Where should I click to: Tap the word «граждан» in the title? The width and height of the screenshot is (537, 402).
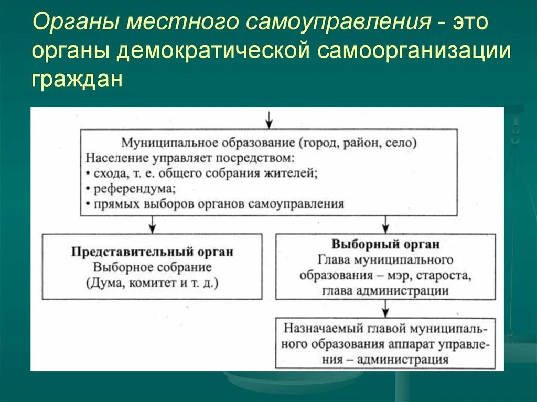[77, 80]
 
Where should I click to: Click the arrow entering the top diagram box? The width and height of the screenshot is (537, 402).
[268, 120]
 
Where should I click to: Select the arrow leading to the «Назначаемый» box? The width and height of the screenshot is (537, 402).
[385, 308]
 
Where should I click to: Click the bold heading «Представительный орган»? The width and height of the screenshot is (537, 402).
[152, 252]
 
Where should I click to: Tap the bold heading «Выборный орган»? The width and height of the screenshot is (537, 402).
[385, 244]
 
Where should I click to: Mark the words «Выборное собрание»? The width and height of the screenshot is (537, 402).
[152, 267]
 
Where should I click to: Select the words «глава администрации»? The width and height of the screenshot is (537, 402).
[385, 291]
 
